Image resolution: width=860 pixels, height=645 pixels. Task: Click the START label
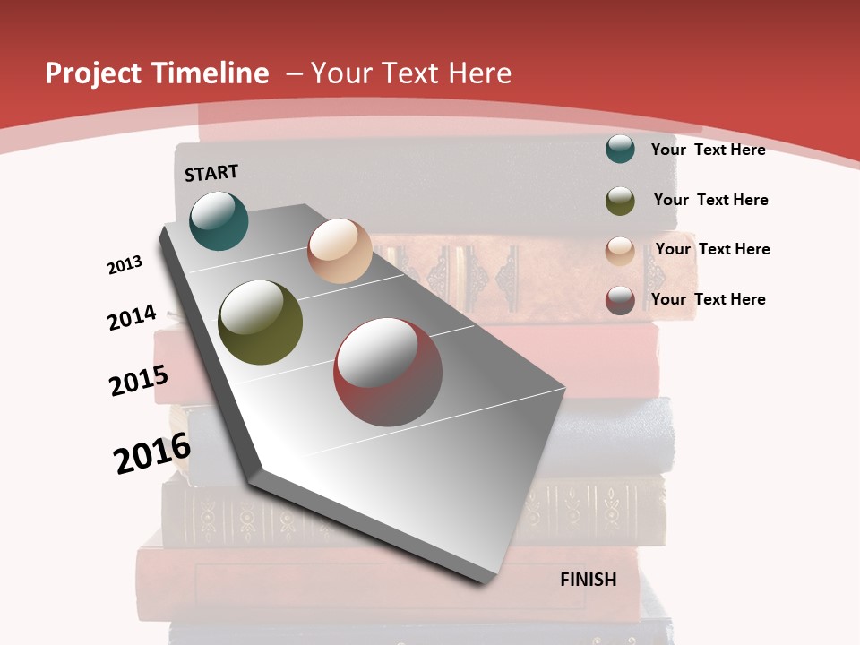point(211,173)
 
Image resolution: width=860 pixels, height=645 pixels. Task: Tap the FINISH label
point(589,580)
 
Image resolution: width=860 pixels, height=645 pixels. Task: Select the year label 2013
point(125,265)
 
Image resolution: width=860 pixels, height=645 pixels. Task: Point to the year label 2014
point(132,318)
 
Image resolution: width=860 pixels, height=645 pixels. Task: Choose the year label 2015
point(139,381)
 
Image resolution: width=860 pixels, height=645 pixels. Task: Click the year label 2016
point(152,453)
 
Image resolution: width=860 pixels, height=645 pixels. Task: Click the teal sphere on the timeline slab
point(219,220)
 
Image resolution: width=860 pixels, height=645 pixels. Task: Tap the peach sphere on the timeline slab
point(340,251)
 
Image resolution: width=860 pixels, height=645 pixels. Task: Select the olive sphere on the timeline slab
point(261,322)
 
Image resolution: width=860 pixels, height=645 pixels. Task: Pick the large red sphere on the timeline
point(388,372)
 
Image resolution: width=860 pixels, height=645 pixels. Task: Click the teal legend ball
point(620,149)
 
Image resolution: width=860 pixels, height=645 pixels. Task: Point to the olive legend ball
point(620,201)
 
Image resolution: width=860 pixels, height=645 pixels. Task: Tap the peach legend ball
point(620,251)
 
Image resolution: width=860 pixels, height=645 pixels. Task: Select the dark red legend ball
point(620,300)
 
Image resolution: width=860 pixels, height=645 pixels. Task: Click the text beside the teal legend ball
point(708,150)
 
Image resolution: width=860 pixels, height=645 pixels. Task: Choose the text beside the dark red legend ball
point(708,299)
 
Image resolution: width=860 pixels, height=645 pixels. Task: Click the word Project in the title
point(94,73)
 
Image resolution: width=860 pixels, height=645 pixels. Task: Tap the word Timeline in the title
point(211,73)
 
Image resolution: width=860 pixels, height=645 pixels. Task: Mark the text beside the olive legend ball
point(710,200)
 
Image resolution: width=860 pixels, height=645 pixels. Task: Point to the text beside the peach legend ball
point(712,249)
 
